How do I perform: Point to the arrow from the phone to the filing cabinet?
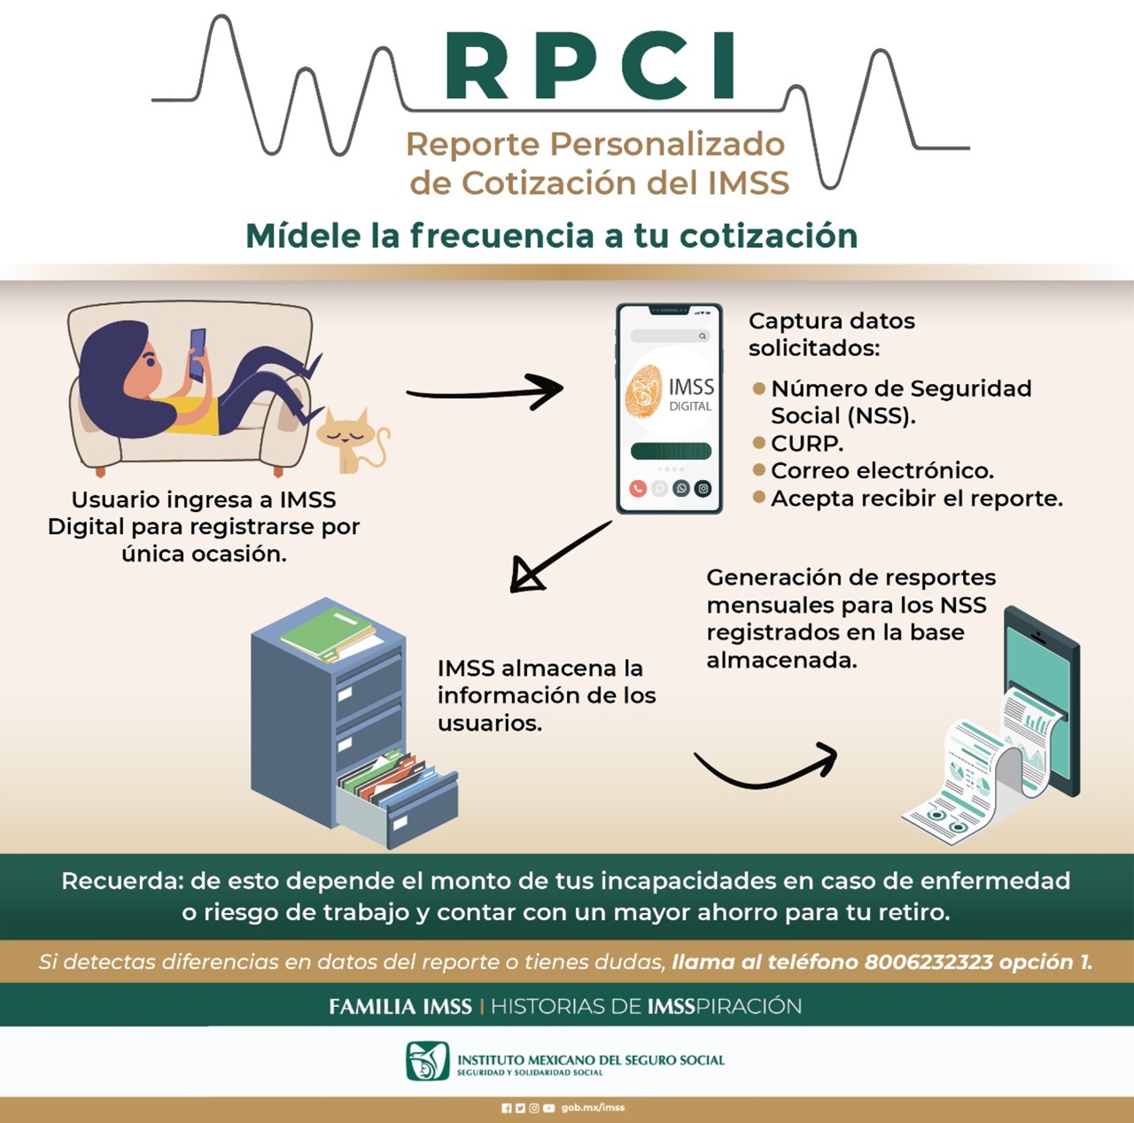point(559,556)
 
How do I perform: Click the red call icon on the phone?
point(638,488)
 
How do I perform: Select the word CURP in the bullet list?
point(807,443)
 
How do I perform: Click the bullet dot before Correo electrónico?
point(759,469)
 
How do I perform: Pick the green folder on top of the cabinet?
point(327,631)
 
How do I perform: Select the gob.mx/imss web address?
point(593,1108)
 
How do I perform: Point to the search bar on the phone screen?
point(670,336)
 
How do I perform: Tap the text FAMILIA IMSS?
point(400,1006)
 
